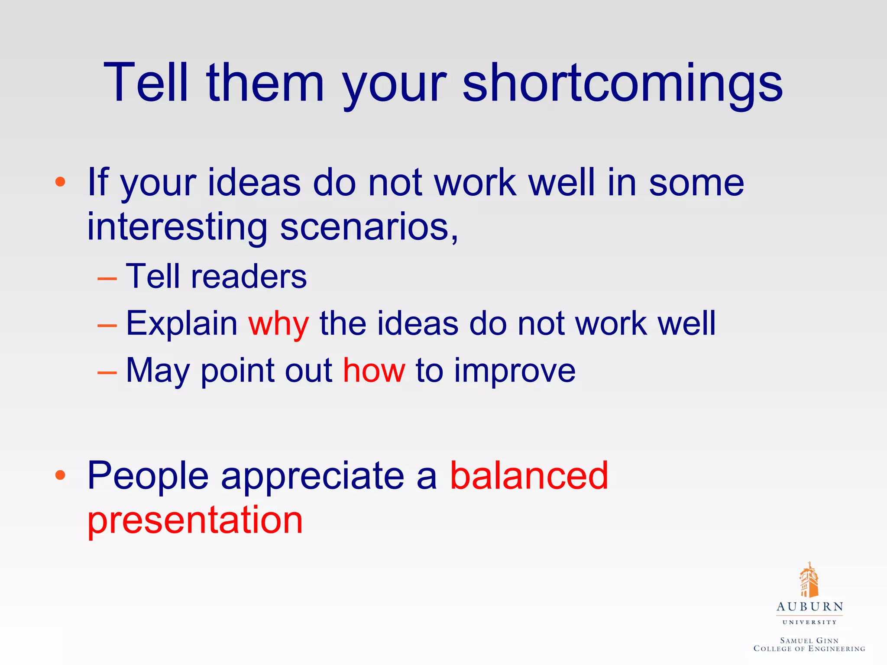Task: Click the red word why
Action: click(x=278, y=324)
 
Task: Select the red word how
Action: click(x=374, y=371)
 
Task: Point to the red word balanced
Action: click(x=529, y=475)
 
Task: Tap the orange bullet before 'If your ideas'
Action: click(x=60, y=182)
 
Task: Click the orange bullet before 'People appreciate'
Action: click(x=60, y=475)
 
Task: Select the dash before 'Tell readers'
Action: click(x=107, y=278)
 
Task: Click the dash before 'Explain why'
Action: click(x=107, y=325)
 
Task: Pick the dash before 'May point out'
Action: click(x=107, y=371)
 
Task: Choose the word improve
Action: click(x=515, y=371)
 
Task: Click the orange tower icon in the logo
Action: click(x=809, y=580)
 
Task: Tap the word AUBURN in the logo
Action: click(x=809, y=607)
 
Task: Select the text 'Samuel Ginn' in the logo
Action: click(x=809, y=640)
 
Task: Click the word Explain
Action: click(x=181, y=324)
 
